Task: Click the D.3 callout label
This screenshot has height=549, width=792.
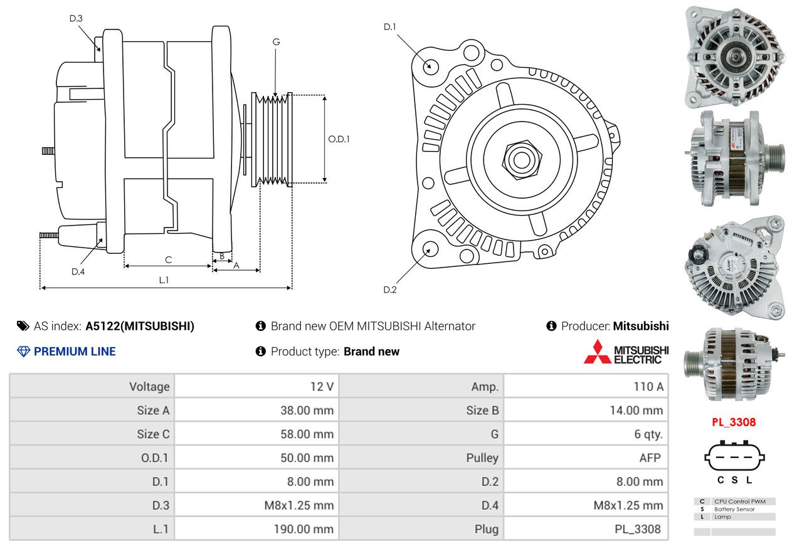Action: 76,18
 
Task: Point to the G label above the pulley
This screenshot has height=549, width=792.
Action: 276,42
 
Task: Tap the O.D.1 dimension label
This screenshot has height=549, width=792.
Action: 339,139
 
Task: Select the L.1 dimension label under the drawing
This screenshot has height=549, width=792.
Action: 164,280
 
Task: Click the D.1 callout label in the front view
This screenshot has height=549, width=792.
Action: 389,27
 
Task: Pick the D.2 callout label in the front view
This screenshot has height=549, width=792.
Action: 389,290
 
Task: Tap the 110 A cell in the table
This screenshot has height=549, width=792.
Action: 648,387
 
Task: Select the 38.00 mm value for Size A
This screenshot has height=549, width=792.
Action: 307,410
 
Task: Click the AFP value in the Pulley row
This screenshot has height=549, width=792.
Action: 650,458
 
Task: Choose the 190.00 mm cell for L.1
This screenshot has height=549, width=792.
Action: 304,529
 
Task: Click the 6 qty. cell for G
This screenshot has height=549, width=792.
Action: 648,434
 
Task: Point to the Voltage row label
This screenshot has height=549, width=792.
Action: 149,387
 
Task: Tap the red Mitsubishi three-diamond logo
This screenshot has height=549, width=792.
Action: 597,352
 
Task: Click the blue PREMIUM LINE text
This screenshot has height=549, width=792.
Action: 75,352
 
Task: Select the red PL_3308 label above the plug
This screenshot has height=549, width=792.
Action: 734,422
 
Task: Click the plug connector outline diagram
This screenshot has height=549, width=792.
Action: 734,456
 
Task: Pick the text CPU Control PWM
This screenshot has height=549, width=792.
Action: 740,501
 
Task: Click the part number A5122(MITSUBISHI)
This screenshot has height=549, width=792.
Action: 140,326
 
